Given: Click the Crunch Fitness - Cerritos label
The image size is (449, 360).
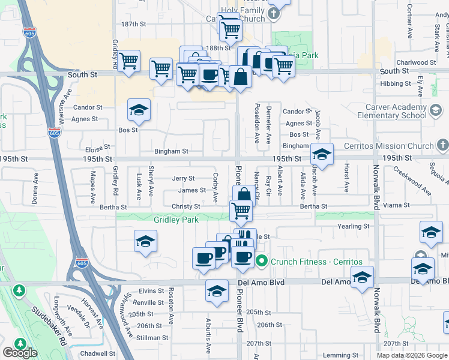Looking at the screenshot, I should click(x=316, y=262).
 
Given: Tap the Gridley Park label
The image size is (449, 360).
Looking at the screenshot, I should click(x=176, y=220).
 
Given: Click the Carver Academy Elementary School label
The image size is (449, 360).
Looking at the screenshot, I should click(x=394, y=111).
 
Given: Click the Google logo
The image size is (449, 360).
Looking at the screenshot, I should click(x=20, y=353).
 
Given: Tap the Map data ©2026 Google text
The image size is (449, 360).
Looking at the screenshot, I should click(x=412, y=355).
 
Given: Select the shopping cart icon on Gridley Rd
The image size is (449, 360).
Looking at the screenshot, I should click(x=128, y=61).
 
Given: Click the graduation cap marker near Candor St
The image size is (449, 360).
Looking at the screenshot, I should click(x=139, y=110).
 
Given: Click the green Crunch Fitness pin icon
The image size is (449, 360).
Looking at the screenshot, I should click(x=262, y=261).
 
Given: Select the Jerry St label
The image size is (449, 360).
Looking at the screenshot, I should click(x=183, y=178).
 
